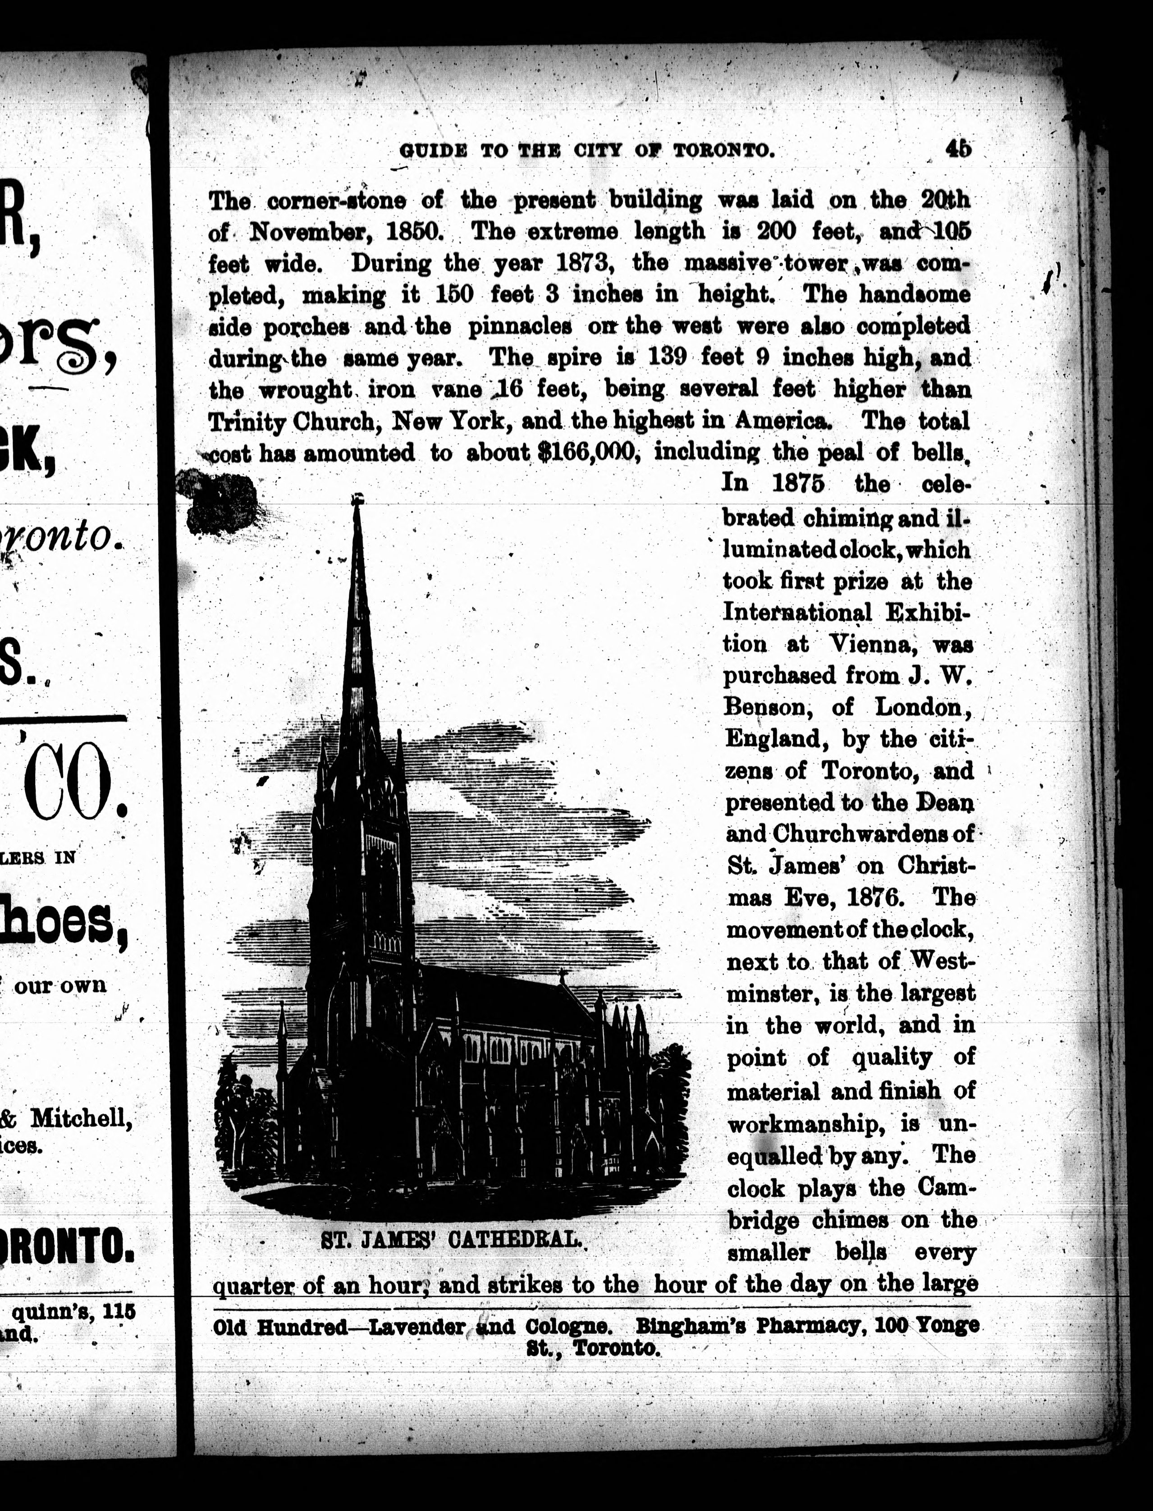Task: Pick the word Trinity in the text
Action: pos(247,421)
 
